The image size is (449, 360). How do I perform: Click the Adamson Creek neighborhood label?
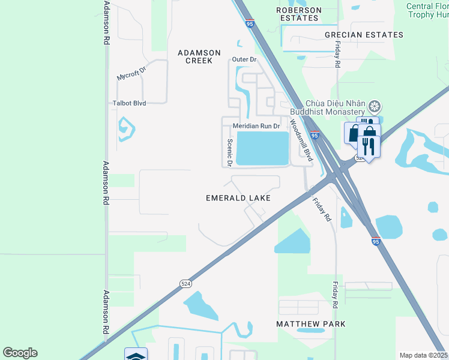click(199, 56)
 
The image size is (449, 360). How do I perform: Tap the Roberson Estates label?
click(298, 14)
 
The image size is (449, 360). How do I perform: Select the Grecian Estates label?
click(364, 35)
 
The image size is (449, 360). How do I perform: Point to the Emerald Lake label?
click(238, 197)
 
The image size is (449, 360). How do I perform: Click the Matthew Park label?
click(311, 324)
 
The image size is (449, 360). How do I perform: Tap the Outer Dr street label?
click(244, 60)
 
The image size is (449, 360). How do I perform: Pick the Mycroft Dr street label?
click(131, 76)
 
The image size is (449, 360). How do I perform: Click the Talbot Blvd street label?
click(130, 103)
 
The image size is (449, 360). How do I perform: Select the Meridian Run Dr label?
click(256, 126)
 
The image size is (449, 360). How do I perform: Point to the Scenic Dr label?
click(229, 153)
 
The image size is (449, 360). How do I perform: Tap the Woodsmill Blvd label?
click(301, 140)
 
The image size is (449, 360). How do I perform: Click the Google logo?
click(20, 353)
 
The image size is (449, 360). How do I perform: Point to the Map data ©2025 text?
click(423, 355)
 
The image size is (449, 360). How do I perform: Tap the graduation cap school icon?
click(136, 356)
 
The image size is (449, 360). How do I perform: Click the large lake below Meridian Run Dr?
click(263, 148)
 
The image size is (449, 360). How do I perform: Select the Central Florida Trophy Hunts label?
click(427, 10)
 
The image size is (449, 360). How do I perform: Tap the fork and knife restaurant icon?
click(368, 146)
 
